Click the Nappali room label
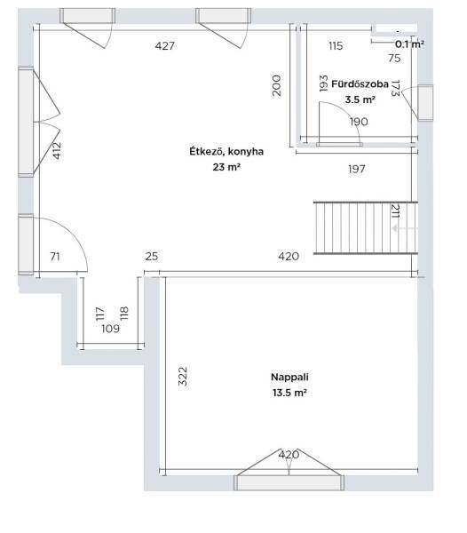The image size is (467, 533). point(289,377)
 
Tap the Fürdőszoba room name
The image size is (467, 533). point(360,84)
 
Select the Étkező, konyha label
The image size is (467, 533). point(226,152)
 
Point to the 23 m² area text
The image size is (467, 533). point(226,167)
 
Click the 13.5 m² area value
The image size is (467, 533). point(289,393)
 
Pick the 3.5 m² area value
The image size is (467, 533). point(360,99)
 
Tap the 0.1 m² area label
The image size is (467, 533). point(409,44)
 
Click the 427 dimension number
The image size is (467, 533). point(165,46)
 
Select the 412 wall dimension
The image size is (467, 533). point(57,151)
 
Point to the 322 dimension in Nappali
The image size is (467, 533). point(183,376)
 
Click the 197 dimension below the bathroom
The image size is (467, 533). point(357,169)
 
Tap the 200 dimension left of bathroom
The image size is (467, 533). point(277,85)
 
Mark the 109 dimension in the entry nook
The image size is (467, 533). point(111,329)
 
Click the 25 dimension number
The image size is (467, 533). point(152,257)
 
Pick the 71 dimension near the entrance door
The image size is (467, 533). point(55,257)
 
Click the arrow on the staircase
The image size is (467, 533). point(405,228)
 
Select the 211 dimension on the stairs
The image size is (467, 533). point(396,211)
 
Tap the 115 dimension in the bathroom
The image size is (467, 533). point(336,46)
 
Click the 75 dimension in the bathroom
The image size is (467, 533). point(394,58)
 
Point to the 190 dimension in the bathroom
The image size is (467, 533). point(359,122)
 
